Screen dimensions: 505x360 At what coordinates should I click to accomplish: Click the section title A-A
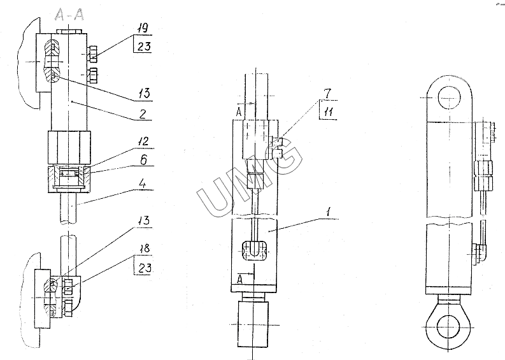(x=69, y=15)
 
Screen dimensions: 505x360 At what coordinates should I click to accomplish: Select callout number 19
(x=143, y=28)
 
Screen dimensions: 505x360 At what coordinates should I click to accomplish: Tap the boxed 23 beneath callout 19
(x=144, y=47)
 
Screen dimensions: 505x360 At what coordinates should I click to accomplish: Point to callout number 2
(x=143, y=114)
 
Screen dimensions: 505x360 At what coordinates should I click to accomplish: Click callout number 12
(x=144, y=142)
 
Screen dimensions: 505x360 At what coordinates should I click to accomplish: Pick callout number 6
(x=144, y=159)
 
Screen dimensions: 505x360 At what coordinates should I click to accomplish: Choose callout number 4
(x=143, y=184)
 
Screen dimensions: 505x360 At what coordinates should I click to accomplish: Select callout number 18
(x=145, y=248)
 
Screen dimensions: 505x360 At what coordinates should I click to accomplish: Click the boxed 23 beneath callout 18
(x=144, y=268)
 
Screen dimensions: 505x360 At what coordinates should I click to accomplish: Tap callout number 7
(x=327, y=94)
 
